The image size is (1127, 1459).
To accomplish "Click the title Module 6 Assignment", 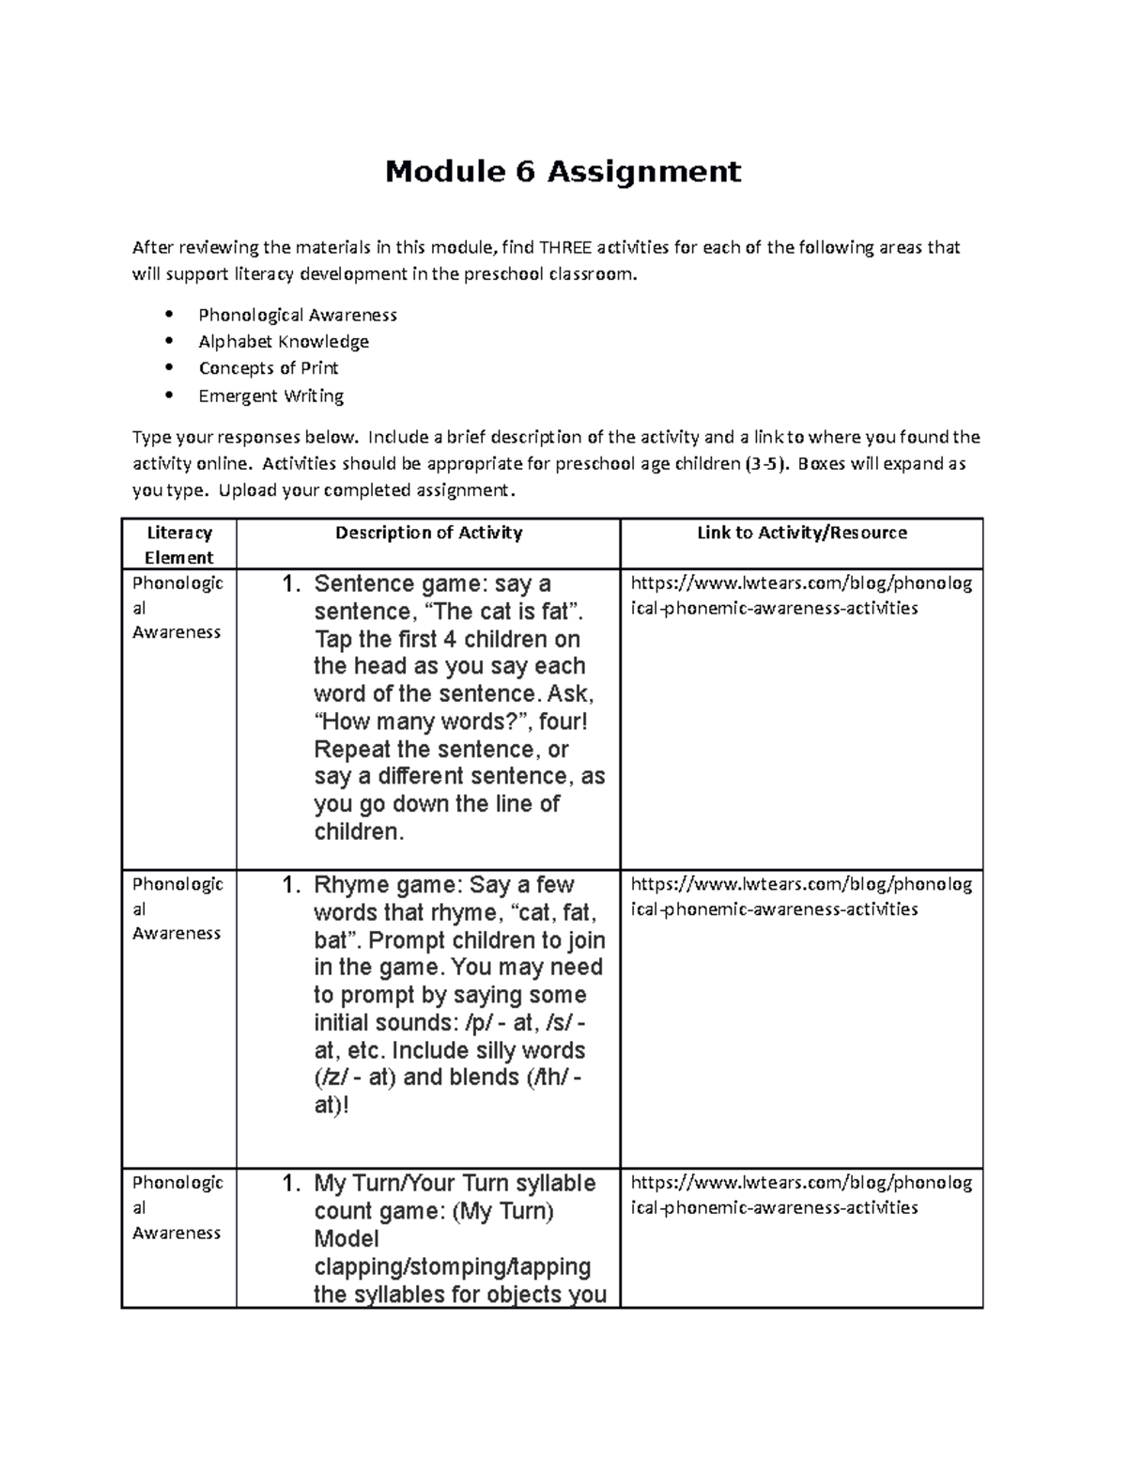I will coord(563,172).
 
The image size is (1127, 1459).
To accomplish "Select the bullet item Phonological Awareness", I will coord(297,315).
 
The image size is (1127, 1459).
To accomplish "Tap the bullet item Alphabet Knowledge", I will coord(283,341).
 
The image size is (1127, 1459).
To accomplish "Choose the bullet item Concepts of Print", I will coord(268,368).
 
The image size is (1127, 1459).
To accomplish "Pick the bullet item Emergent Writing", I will coord(270,396).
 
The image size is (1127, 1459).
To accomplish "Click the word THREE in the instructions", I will coord(565,248).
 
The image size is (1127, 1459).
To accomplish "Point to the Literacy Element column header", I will coord(178,545).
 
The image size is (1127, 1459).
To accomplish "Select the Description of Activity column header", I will coord(428,533).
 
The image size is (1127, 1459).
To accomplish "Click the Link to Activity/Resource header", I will coord(801,533).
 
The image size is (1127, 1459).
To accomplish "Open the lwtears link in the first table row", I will coord(801,596).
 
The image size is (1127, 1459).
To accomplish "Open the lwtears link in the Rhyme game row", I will coord(801,896).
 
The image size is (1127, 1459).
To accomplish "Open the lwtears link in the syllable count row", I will coord(801,1195).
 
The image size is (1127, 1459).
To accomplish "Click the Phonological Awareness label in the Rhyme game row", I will coord(178,908).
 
